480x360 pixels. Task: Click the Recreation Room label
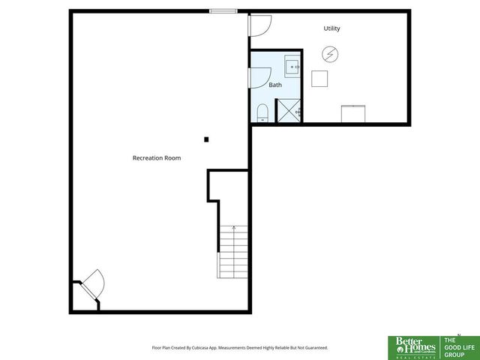[x=157, y=158]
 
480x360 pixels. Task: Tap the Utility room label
[x=331, y=28]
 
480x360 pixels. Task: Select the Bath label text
[x=275, y=85]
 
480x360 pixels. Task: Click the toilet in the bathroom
[x=262, y=113]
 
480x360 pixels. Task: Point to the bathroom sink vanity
[x=292, y=65]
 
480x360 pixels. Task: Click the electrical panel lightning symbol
[x=330, y=54]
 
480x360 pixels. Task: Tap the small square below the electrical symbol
[x=320, y=78]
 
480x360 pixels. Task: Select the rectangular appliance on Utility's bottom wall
[x=352, y=114]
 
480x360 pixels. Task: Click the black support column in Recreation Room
[x=206, y=139]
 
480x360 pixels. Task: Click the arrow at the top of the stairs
[x=234, y=227]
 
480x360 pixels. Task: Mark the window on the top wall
[x=223, y=10]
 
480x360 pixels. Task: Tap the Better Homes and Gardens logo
[x=413, y=346]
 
